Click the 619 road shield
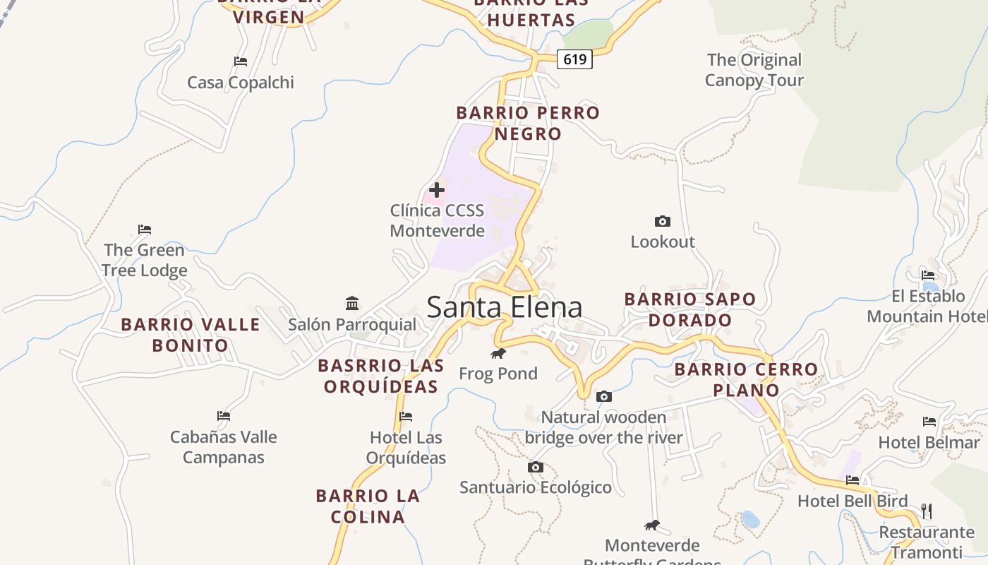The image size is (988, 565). [x=574, y=59]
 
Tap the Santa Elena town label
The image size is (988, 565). [x=505, y=307]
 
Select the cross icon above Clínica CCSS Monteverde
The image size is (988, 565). [x=437, y=189]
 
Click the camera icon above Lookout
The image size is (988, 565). [x=662, y=221]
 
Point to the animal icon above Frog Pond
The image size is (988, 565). [x=498, y=353]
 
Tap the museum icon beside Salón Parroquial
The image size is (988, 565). [x=352, y=304]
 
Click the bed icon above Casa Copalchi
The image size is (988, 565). [x=241, y=61]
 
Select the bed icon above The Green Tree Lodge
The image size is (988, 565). [x=145, y=230]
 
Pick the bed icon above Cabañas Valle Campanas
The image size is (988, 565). [x=224, y=416]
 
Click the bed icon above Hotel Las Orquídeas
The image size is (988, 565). [x=406, y=417]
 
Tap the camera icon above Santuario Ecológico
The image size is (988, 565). [x=536, y=467]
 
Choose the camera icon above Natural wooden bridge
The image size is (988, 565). [x=603, y=397]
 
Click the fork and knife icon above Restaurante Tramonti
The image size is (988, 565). [x=927, y=511]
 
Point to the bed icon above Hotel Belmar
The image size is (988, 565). [x=929, y=422]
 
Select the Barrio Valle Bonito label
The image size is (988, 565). [x=191, y=335]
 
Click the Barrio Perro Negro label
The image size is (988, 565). [x=528, y=123]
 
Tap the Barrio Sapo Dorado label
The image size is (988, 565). [x=690, y=309]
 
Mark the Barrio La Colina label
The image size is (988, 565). [x=368, y=506]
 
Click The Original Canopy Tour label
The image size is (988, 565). [x=754, y=70]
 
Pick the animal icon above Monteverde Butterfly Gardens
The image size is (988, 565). [x=653, y=525]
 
